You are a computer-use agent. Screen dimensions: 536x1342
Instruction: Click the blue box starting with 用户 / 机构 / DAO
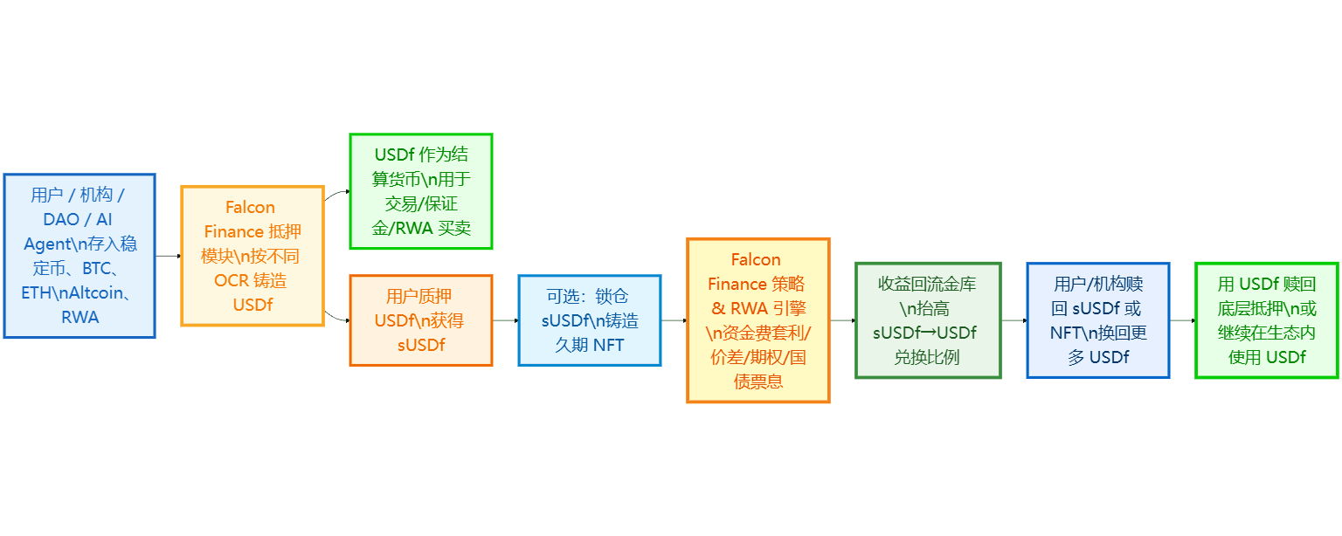(80, 256)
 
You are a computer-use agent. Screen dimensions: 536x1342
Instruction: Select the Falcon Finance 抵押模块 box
(252, 256)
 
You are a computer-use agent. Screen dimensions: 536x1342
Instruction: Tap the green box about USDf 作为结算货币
(421, 191)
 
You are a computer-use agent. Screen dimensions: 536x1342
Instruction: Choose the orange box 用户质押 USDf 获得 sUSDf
(421, 320)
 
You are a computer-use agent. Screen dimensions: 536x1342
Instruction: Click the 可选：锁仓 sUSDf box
(590, 320)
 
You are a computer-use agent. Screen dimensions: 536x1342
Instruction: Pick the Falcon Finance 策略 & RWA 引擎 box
(758, 320)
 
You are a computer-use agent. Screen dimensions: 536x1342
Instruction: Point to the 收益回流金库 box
(928, 320)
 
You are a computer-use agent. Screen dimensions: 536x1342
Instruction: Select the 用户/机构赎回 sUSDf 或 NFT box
(1097, 320)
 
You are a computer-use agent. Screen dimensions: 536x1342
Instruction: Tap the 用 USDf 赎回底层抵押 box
(1266, 320)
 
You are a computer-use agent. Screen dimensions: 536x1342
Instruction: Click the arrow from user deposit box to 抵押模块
(168, 256)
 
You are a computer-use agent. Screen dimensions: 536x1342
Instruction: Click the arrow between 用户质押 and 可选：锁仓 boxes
(505, 320)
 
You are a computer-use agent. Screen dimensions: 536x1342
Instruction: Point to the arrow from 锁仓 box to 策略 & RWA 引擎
(674, 320)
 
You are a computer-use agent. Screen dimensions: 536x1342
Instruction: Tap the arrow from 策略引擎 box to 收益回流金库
(842, 320)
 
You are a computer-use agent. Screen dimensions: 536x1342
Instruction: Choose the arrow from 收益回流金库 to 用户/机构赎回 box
(1013, 320)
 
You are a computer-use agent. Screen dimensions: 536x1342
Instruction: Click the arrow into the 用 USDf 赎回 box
(1182, 320)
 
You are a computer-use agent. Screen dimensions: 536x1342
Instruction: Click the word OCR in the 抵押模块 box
(230, 280)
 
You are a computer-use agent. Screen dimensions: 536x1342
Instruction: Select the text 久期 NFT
(590, 345)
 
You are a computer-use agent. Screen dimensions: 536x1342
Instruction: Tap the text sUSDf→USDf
(924, 333)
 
